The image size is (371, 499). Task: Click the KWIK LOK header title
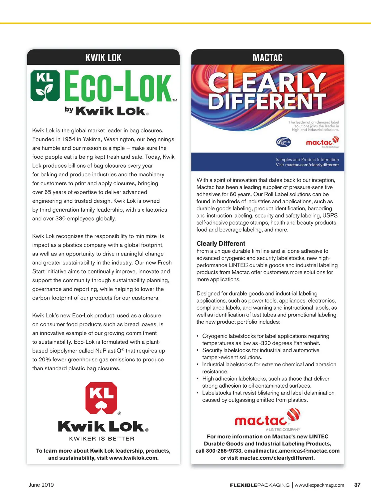pos(103,58)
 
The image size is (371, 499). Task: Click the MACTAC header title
pos(267,58)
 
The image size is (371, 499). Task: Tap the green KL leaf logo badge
pos(45,86)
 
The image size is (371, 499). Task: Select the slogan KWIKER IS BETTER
pos(102,439)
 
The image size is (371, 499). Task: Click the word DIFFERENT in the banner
pos(267,101)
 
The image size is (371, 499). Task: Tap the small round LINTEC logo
pos(284,142)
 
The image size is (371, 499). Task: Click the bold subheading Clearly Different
pos(221,243)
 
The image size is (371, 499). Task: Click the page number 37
pos(357,485)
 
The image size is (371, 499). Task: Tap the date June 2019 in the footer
pos(41,485)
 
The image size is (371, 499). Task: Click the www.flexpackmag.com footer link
pos(319,485)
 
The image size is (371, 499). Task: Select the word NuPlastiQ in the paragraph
pos(108,351)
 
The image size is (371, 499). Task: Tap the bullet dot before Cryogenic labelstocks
pos(198,336)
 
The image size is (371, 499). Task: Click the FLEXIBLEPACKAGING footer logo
pos(260,485)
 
